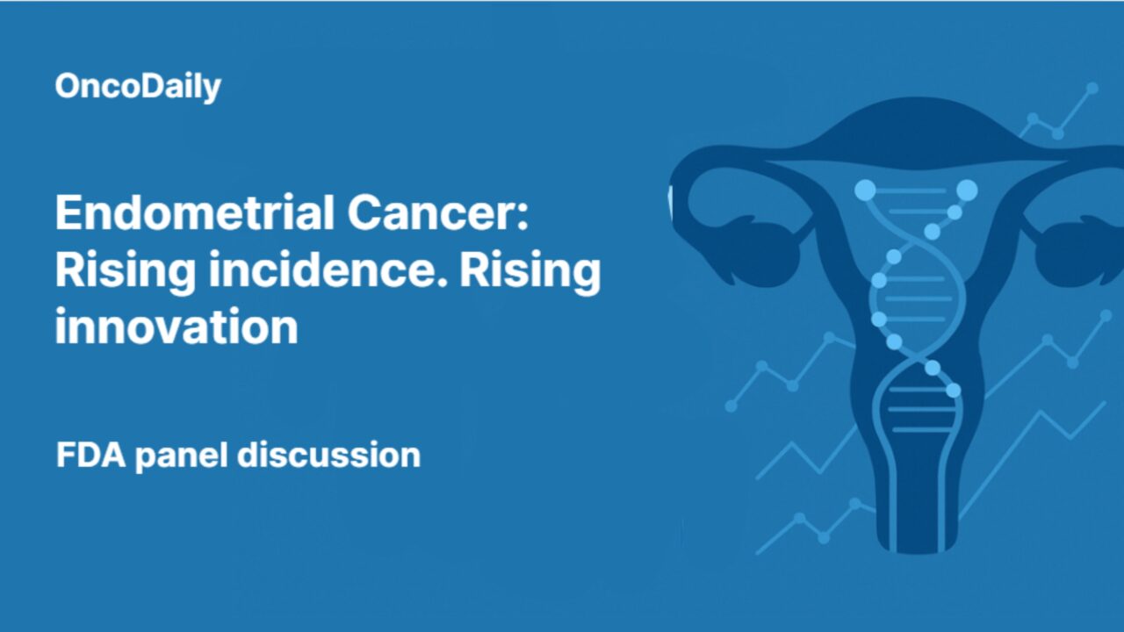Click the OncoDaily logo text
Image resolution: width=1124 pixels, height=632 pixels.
pos(138,86)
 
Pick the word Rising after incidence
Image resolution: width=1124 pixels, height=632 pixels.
pos(530,270)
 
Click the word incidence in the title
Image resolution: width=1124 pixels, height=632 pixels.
pos(330,270)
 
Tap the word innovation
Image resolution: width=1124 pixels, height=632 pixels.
pos(176,327)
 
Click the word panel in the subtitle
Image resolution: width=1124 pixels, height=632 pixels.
pos(181,455)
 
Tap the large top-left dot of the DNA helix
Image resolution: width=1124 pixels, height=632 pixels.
pos(865,189)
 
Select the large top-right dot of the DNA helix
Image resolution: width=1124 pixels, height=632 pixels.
pos(967,190)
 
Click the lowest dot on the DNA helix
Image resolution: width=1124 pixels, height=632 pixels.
pos(953,390)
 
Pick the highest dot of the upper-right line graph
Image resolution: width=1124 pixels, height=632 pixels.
pos(1092,88)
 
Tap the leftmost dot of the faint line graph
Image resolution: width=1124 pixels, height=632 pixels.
pos(731,406)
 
